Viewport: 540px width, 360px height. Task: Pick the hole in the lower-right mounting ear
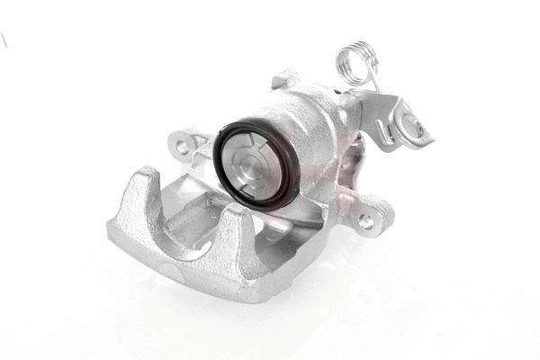pos(367,219)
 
